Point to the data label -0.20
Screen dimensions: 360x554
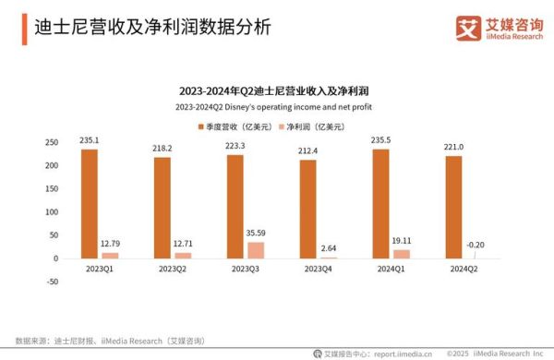pos(476,244)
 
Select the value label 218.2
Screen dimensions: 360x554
pos(163,148)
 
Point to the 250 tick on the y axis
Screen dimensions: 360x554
pos(52,142)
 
